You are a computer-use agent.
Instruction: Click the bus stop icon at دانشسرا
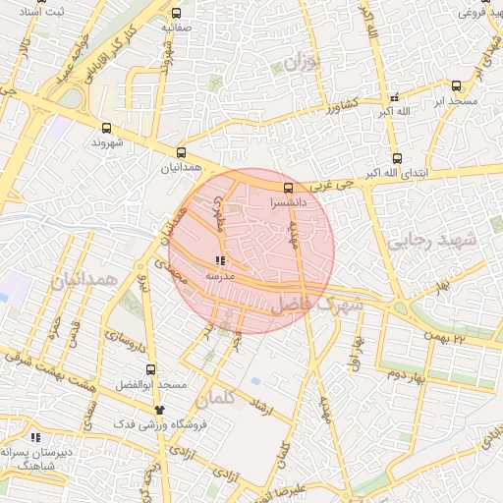[288, 188]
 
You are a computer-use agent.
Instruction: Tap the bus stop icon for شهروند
[106, 128]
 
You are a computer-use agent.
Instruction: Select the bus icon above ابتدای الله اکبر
[397, 158]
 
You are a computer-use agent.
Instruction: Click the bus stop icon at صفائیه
[176, 14]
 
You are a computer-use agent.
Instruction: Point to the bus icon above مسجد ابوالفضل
[150, 370]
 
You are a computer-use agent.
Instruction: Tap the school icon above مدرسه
[218, 261]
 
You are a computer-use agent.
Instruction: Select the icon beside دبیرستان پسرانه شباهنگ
[35, 437]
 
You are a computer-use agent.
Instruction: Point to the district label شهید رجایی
[431, 241]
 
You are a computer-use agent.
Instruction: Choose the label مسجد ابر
[457, 101]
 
